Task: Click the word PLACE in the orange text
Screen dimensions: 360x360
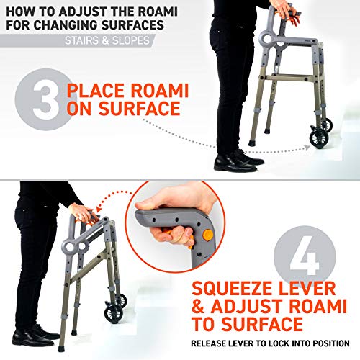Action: coord(92,92)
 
